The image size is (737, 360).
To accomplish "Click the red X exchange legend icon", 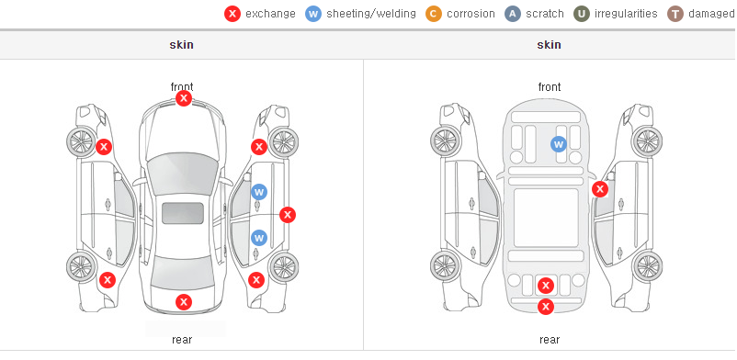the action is [232, 14].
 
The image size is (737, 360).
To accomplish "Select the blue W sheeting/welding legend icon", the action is [313, 14].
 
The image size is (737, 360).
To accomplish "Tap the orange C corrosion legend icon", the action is [434, 14].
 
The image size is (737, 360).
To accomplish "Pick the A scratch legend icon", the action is [513, 14].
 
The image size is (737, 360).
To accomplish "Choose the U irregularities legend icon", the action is [582, 14].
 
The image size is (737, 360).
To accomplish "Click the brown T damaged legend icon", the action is [675, 14].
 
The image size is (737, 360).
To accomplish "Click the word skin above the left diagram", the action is [181, 45].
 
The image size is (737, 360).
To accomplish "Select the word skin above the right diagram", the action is [549, 45].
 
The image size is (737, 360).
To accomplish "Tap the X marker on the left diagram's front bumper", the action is [184, 98].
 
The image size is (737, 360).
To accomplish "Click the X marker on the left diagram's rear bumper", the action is [184, 302].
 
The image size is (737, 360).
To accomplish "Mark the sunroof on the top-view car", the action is [183, 213].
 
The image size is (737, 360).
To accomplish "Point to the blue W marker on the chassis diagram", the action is [559, 144].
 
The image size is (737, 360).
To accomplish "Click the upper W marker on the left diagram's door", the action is [259, 192].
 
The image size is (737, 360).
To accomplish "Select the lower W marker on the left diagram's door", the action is [259, 238].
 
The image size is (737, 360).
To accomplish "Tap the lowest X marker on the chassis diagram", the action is [546, 307].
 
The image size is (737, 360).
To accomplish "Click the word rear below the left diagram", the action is [182, 340].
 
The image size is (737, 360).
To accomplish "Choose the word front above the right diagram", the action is [550, 87].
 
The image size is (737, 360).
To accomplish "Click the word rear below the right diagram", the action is [550, 340].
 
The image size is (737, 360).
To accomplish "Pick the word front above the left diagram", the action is [182, 86].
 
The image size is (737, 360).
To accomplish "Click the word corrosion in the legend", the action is [471, 14].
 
